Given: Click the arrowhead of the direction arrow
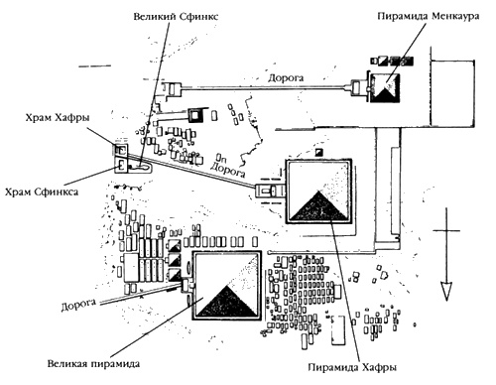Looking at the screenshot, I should [446, 290].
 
